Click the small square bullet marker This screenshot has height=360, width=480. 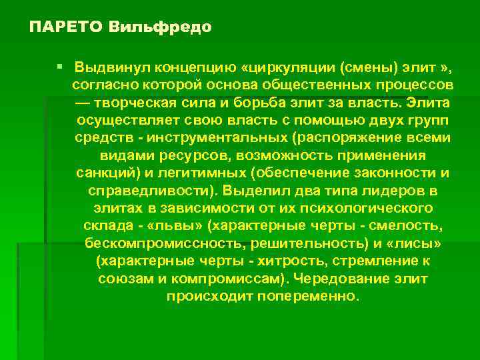point(60,67)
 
